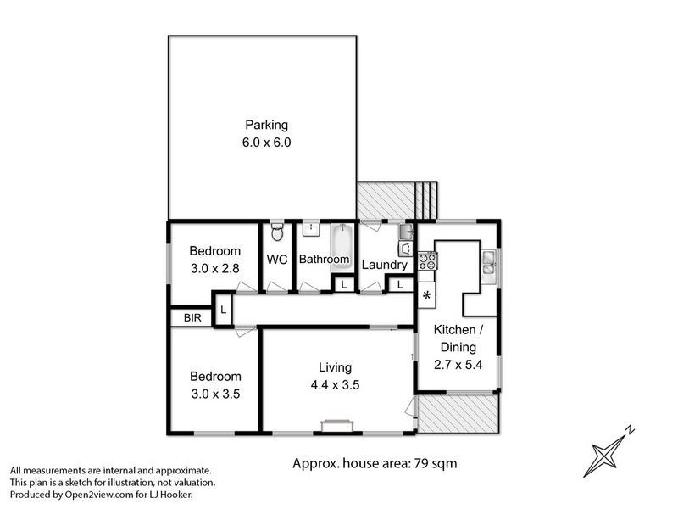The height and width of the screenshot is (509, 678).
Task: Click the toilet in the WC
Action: tap(276, 230)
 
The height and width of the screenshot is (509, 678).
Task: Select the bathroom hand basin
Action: tap(310, 229)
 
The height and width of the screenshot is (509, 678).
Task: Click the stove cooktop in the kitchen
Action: tap(427, 261)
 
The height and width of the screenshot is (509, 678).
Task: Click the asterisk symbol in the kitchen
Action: tap(427, 296)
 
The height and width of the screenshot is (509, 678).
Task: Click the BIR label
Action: tap(192, 318)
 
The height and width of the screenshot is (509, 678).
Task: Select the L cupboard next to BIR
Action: tap(223, 310)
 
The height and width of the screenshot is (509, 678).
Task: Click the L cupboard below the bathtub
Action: tap(342, 285)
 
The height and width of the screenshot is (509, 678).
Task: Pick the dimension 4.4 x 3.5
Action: tap(335, 385)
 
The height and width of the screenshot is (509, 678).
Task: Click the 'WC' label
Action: tap(277, 259)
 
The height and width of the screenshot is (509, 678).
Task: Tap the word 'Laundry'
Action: tap(384, 265)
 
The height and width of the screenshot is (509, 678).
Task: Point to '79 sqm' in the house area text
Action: tap(436, 464)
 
